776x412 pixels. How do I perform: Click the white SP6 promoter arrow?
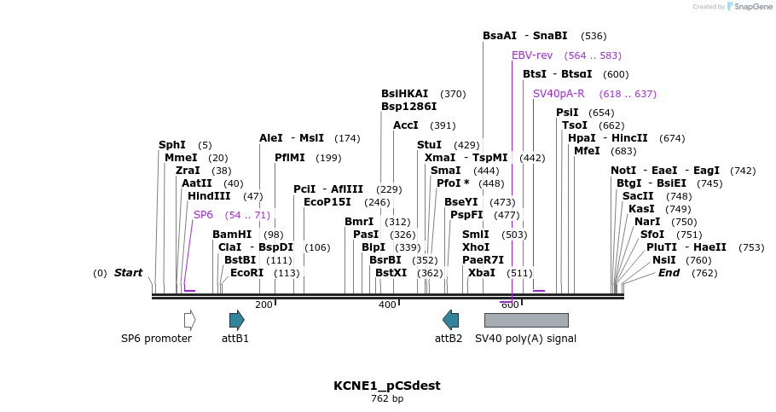point(189,320)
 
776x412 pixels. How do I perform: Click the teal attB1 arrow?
point(236,320)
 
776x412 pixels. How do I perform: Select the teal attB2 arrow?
point(450,320)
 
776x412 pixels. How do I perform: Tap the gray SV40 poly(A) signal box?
point(526,320)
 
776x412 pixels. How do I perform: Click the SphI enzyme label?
point(171,145)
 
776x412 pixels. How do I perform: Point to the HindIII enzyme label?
point(209,196)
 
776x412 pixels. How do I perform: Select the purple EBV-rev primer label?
point(532,55)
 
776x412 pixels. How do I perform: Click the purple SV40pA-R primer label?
point(559,94)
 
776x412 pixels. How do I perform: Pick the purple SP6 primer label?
point(203,215)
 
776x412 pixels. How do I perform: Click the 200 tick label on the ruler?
point(263,305)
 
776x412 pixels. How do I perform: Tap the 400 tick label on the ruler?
point(387,305)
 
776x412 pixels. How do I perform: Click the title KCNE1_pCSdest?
point(387,386)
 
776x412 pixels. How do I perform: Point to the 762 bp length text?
point(387,399)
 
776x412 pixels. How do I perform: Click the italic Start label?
point(128,273)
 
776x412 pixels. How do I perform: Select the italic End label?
point(669,273)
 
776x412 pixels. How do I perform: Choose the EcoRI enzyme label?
point(247,273)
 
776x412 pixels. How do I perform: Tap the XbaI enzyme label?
point(482,273)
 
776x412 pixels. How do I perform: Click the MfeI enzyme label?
point(587,151)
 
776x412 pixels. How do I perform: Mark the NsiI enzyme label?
point(663,260)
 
